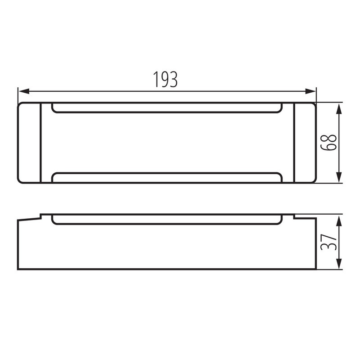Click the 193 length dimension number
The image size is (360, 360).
pyautogui.click(x=165, y=79)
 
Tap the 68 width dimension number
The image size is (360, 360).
pyautogui.click(x=329, y=142)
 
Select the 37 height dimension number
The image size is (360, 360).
pyautogui.click(x=329, y=242)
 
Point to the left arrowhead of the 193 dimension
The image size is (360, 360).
pyautogui.click(x=24, y=91)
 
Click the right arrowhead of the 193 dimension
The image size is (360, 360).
pyautogui.click(x=310, y=91)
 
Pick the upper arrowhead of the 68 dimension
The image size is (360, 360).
pyautogui.click(x=339, y=108)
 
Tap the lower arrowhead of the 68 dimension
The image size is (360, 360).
pyautogui.click(x=339, y=177)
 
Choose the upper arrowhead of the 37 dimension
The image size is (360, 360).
pyautogui.click(x=339, y=220)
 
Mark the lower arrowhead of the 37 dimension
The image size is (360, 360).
pyautogui.click(x=339, y=264)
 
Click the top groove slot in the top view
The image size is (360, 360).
pyautogui.click(x=167, y=112)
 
